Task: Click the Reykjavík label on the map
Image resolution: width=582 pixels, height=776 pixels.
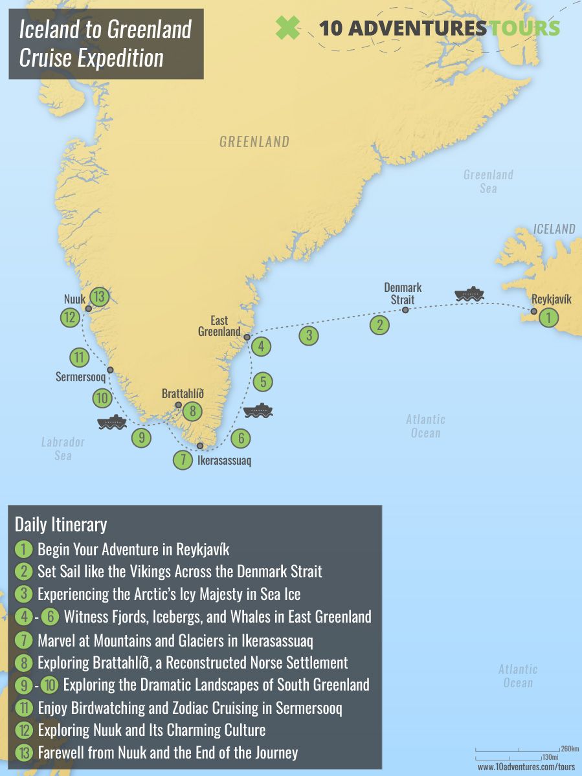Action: pos(551,300)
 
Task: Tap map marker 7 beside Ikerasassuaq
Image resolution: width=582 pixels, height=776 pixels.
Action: pos(183,460)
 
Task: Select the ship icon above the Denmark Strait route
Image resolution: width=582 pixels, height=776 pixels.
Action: pos(469,294)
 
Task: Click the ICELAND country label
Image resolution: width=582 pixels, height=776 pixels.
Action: pos(554,229)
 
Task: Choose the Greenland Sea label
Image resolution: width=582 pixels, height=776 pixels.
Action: pos(488,181)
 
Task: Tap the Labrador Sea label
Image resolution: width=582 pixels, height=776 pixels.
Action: pos(63,449)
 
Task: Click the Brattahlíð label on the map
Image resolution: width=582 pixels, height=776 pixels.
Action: pos(183,394)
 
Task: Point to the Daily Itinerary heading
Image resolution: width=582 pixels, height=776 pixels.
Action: pos(61,524)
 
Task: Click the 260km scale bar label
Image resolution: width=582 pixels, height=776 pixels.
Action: pos(569,748)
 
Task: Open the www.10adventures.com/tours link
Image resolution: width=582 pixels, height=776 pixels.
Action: pos(526,767)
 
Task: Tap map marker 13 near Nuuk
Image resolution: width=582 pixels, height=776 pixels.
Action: pos(98,297)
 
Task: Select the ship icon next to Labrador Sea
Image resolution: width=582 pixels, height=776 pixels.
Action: pos(111,422)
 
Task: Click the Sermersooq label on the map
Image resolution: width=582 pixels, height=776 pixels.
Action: pos(80,377)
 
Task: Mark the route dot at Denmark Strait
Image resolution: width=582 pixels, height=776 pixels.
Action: pos(405,310)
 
